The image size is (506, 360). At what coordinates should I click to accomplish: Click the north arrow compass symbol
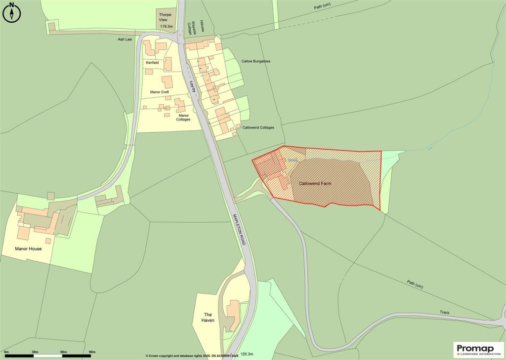[11, 12]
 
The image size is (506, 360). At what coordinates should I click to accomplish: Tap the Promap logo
[478, 349]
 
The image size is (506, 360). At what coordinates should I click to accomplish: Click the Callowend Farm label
[315, 184]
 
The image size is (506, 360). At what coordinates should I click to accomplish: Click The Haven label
[208, 318]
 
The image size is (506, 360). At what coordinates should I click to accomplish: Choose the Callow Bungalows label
[256, 61]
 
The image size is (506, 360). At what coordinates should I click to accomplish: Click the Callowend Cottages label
[258, 127]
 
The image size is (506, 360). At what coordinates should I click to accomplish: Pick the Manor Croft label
[160, 92]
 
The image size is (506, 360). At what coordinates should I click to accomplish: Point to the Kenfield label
[152, 63]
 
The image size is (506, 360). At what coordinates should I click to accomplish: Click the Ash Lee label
[125, 39]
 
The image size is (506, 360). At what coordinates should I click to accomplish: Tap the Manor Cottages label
[181, 117]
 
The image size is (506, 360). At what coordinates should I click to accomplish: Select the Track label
[445, 313]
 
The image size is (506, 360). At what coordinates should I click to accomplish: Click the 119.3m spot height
[167, 26]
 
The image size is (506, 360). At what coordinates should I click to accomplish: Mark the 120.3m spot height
[247, 354]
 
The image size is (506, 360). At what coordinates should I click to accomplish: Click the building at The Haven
[233, 316]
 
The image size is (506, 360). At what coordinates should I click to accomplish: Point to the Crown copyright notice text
[192, 356]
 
